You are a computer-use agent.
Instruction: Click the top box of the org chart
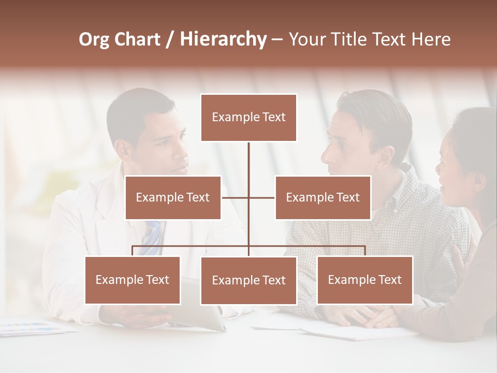point(248,118)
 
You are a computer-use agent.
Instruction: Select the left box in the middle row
point(173,197)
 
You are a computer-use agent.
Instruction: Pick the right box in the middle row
point(323,197)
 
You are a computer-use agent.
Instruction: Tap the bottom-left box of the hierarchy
point(133,280)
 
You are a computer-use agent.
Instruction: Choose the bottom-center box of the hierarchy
point(248,280)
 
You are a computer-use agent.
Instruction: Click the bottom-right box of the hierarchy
point(364,280)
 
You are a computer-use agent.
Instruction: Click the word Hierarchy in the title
point(223,39)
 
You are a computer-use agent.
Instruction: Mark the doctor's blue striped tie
point(153,238)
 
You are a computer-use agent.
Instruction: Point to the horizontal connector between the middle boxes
point(248,197)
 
